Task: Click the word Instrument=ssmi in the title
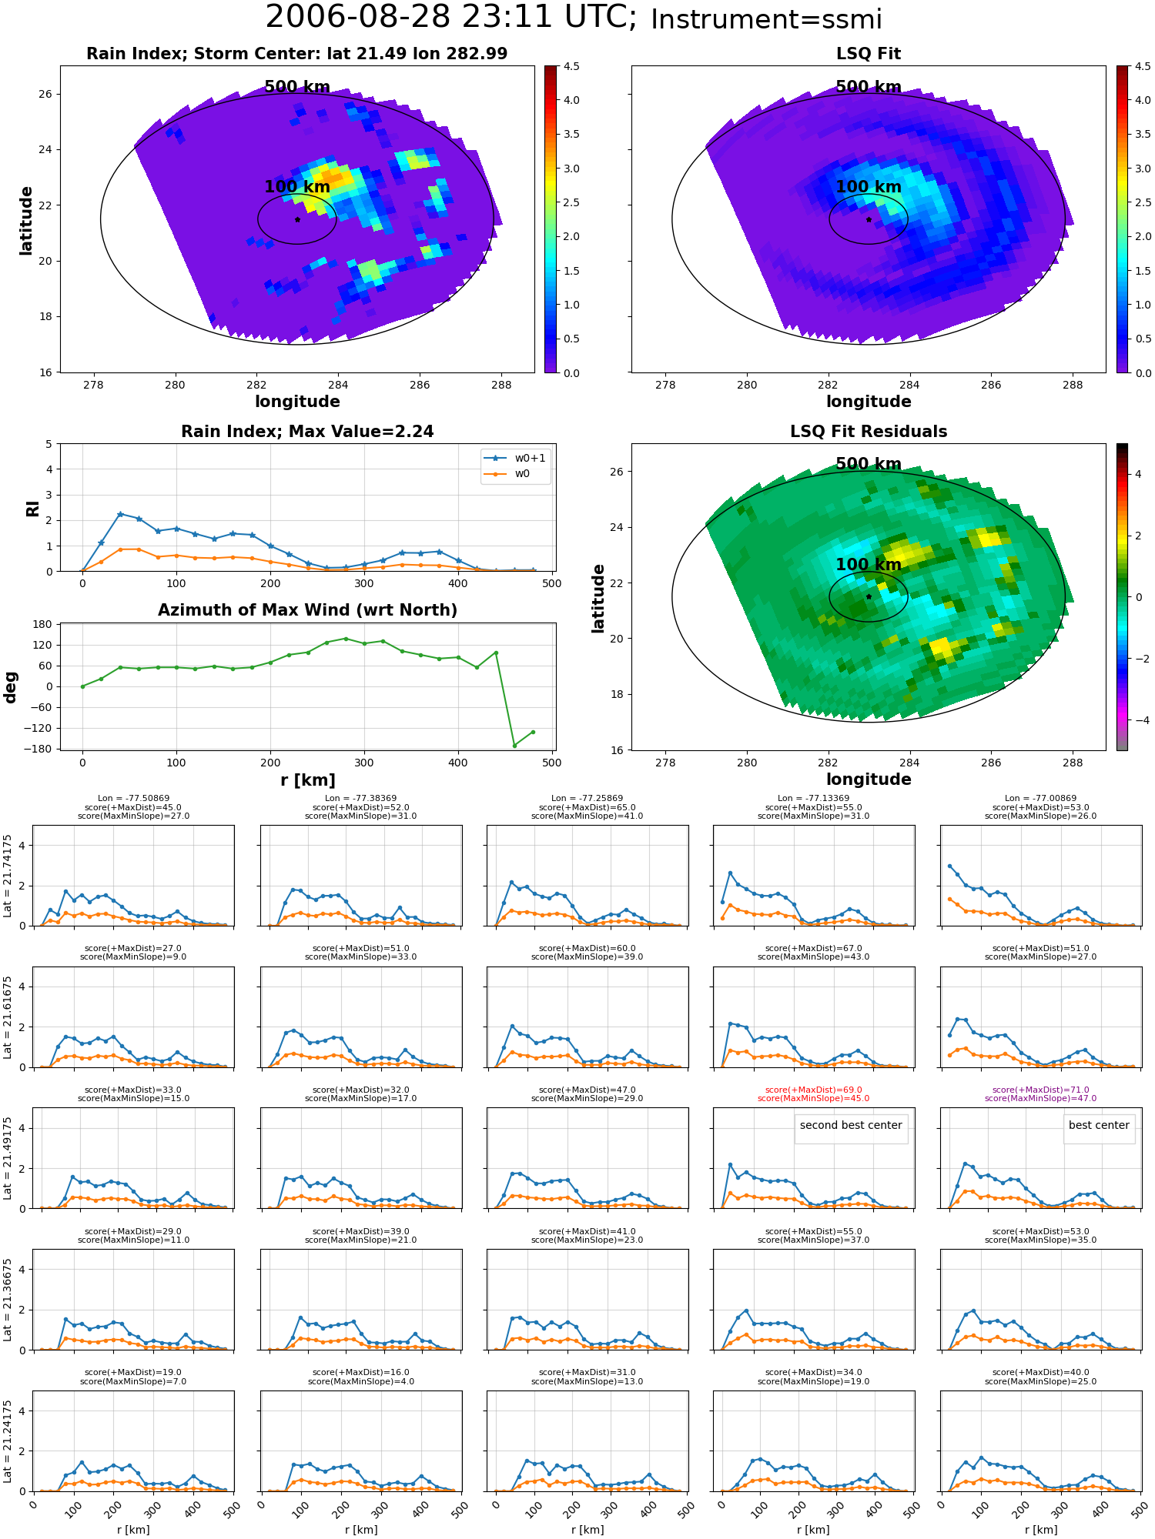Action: [766, 20]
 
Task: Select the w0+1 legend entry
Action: [516, 458]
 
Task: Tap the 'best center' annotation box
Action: [1099, 1125]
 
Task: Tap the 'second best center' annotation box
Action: [851, 1125]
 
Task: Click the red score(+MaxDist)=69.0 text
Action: [813, 1090]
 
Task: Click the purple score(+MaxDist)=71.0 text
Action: [1040, 1090]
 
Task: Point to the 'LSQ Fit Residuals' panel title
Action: [869, 432]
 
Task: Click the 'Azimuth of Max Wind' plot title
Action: [307, 610]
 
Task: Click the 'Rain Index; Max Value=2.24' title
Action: [307, 432]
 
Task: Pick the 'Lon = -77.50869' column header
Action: [133, 799]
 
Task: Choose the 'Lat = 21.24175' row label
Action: [8, 1441]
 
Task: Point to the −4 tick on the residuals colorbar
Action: [1138, 720]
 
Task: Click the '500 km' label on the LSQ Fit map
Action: [869, 87]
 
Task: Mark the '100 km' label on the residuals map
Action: [869, 565]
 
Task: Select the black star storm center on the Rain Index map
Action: [297, 219]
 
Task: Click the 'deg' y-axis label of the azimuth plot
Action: [11, 686]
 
